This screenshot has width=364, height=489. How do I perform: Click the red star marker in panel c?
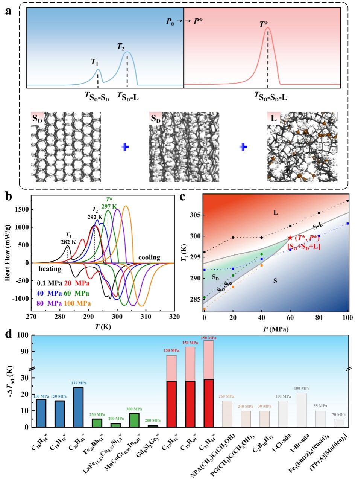click(x=290, y=238)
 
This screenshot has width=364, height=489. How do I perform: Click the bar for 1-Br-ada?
click(x=302, y=410)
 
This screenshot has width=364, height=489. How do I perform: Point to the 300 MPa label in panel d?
click(x=134, y=409)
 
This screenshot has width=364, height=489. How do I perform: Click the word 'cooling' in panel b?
click(x=149, y=257)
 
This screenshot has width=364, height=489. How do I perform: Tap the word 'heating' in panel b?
click(x=50, y=269)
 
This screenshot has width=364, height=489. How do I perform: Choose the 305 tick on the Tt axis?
click(x=197, y=215)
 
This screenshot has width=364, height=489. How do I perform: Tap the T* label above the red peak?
click(x=264, y=25)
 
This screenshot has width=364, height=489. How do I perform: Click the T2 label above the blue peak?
click(x=120, y=47)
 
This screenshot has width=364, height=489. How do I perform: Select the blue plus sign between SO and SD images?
click(x=125, y=147)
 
